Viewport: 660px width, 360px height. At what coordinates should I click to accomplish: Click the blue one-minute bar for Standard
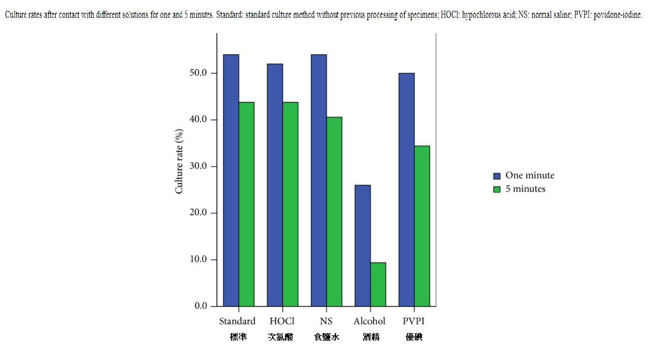(231, 180)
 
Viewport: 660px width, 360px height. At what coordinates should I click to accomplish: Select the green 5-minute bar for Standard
(246, 204)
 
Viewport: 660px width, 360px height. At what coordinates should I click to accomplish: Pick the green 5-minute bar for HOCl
(290, 204)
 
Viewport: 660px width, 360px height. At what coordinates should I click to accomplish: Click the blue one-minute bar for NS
(319, 180)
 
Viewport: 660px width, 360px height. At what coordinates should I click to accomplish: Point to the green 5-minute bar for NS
(334, 211)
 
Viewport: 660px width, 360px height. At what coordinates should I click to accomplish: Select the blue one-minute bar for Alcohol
(362, 245)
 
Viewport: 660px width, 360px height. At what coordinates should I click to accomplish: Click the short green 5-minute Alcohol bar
(378, 284)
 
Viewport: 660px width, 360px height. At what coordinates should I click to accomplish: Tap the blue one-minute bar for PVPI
(406, 189)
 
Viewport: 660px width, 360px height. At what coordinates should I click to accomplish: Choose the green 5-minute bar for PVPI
(422, 226)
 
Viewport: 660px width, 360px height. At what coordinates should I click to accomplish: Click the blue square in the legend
(497, 176)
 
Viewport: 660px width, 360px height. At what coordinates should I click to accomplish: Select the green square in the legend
(497, 189)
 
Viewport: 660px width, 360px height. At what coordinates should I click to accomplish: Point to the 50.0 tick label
(198, 73)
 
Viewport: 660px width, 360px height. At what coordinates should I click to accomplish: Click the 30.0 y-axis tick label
(198, 167)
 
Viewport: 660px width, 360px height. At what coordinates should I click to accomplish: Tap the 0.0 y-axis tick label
(200, 306)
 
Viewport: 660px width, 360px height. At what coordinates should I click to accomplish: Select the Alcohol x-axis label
(369, 321)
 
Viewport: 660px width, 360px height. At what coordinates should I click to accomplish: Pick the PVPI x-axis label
(413, 321)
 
